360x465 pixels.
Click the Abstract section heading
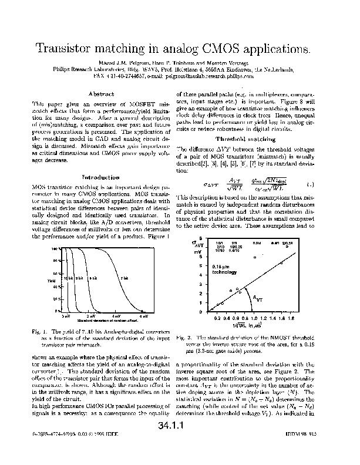(100, 93)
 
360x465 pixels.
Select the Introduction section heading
(100, 177)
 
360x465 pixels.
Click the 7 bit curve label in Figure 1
(125, 278)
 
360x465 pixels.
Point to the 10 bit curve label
(68, 278)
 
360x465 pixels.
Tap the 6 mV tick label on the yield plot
(143, 316)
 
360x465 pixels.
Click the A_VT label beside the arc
(258, 299)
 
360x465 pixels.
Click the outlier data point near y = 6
(255, 257)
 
